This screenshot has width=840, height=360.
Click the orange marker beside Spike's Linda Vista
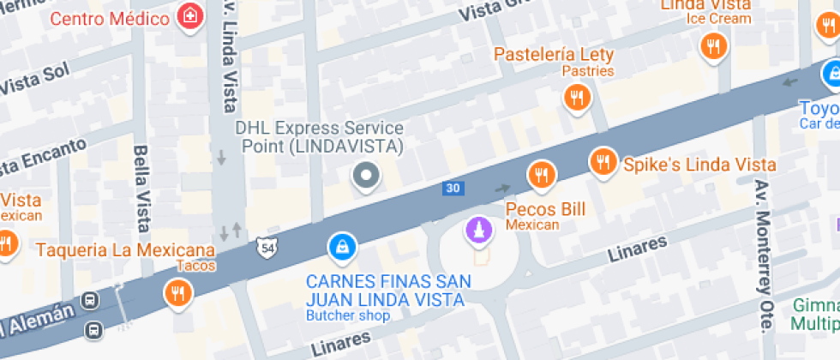point(604,161)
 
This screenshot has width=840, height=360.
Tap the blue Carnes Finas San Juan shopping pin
point(342,248)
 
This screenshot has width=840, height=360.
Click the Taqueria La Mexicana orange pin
point(178,294)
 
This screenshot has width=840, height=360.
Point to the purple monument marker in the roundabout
point(477,230)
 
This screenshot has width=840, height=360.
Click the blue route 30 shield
point(452,188)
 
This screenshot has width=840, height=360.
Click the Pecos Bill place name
point(545,209)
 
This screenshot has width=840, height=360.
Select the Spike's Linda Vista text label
point(699,165)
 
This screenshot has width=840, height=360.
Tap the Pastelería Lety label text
point(554,55)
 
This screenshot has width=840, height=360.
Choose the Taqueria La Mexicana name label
point(125,250)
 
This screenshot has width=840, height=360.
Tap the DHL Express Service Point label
point(319,136)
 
